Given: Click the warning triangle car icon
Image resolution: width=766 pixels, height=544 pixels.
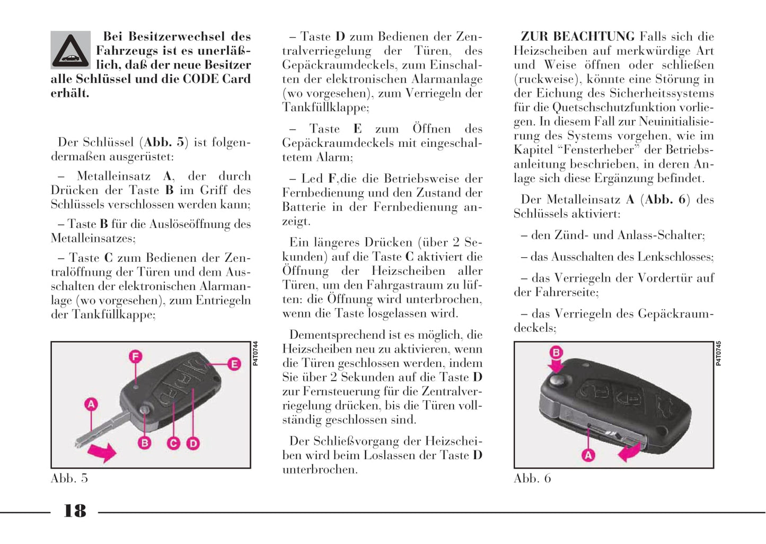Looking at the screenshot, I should tap(71, 50).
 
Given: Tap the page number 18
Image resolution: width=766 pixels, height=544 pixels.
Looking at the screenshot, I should tap(75, 511).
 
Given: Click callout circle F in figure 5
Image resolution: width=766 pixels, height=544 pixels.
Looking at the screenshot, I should tap(136, 357).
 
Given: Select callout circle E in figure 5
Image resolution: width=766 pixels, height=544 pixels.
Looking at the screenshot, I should tap(234, 364).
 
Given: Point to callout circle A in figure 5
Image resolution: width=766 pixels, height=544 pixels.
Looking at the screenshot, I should tap(91, 405).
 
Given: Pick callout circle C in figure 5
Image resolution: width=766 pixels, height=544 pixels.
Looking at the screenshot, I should tap(173, 443).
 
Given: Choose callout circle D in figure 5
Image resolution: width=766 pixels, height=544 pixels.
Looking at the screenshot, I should tap(193, 443).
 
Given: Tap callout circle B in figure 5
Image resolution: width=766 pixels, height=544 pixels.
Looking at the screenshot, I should tap(144, 443).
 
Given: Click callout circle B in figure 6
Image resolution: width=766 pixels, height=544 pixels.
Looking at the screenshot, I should tap(556, 353).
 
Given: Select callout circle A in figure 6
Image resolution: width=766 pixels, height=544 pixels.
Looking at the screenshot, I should tap(588, 455).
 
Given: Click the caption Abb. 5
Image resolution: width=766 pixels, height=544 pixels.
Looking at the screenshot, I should tap(69, 478).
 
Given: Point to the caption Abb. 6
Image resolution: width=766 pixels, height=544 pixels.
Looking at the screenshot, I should tap(532, 478).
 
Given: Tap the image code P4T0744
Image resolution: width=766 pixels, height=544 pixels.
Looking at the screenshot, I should tap(256, 354).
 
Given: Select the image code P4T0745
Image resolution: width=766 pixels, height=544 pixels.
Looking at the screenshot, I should tap(718, 354).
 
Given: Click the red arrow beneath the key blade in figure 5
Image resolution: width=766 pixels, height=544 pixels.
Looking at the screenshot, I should tap(101, 452).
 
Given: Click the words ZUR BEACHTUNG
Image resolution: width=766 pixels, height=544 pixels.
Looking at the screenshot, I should tap(577, 37).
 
